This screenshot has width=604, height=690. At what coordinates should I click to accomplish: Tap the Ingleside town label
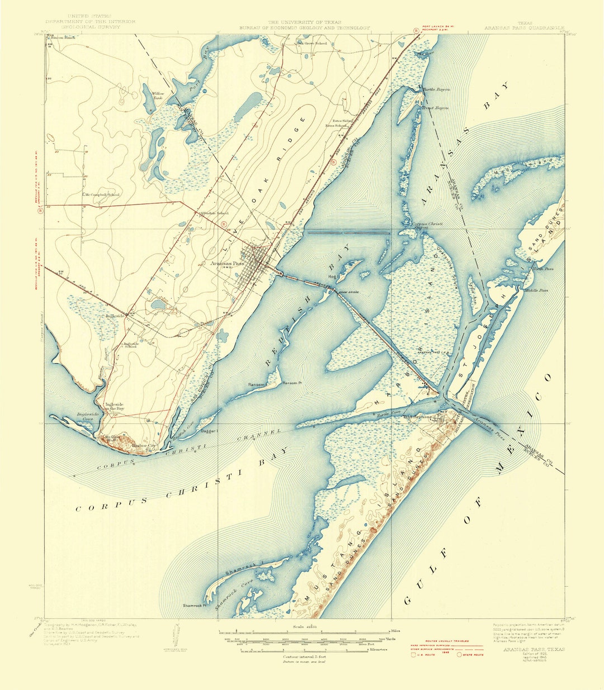click(x=115, y=316)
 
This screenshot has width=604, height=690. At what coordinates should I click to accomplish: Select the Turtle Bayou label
click(x=436, y=89)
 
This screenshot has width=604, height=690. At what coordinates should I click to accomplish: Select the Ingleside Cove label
click(x=88, y=417)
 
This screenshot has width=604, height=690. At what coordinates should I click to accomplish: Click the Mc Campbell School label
click(x=102, y=194)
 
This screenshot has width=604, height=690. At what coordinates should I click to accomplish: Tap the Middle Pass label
click(x=535, y=291)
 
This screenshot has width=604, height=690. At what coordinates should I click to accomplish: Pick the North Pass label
click(x=542, y=269)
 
